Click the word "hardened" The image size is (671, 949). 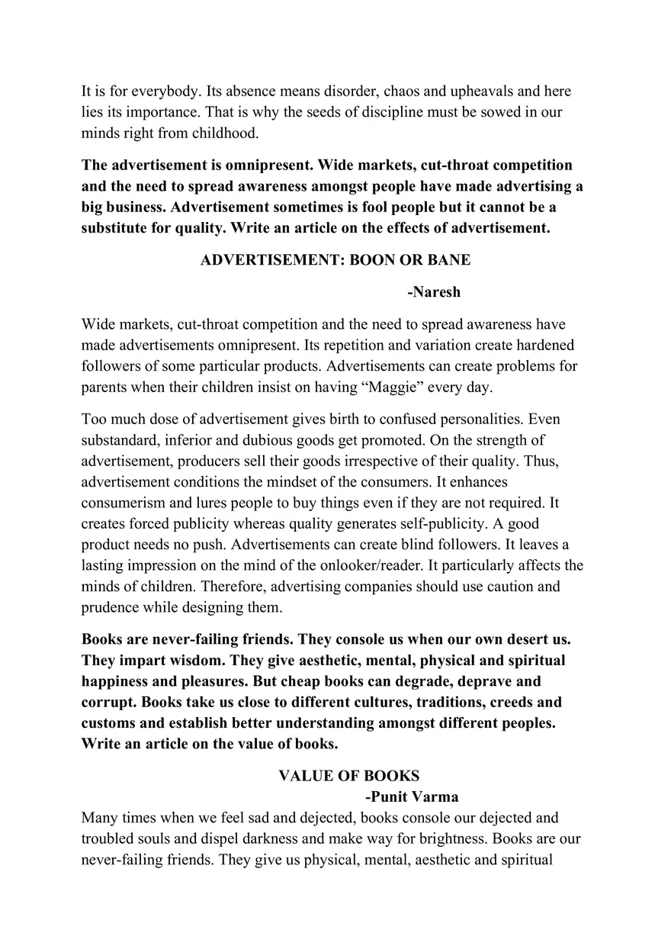click(542, 345)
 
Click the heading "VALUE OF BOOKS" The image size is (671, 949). click(348, 776)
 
